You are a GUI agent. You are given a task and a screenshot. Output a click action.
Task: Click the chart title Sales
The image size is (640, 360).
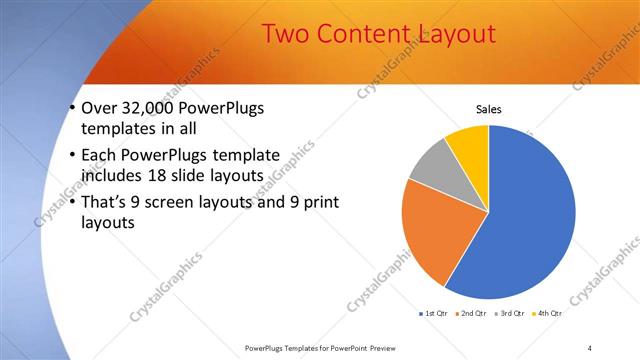[x=488, y=109]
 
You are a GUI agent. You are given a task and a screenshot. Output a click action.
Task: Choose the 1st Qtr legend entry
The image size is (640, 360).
[x=434, y=314]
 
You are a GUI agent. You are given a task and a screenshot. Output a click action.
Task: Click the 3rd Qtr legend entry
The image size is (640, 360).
[x=512, y=314]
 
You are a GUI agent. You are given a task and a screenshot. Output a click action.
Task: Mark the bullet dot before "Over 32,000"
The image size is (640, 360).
[x=73, y=109]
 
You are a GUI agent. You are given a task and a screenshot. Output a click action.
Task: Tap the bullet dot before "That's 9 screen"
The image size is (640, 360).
[x=73, y=203]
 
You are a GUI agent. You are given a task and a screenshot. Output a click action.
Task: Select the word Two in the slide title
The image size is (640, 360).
[x=286, y=34]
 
